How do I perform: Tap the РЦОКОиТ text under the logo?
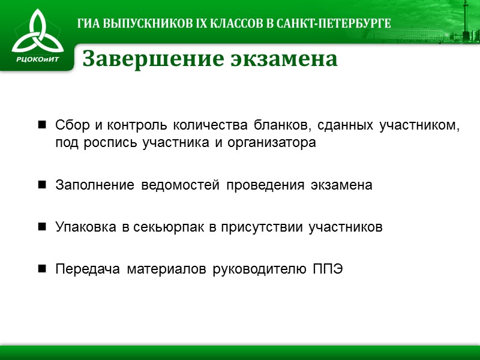pyautogui.click(x=37, y=58)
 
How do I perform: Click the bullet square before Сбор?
pyautogui.click(x=43, y=125)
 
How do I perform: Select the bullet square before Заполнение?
pyautogui.click(x=43, y=185)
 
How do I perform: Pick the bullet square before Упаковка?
pyautogui.click(x=43, y=227)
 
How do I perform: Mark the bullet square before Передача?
pyautogui.click(x=43, y=269)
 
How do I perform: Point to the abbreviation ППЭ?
pyautogui.click(x=327, y=269)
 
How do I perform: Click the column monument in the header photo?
pyautogui.click(x=448, y=18)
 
